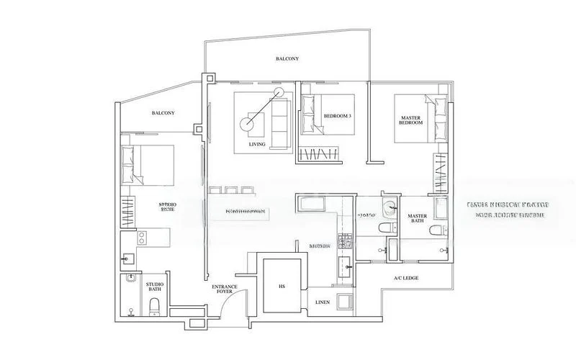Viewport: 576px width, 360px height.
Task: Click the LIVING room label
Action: [x=257, y=144]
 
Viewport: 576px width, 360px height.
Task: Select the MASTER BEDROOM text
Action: [x=410, y=120]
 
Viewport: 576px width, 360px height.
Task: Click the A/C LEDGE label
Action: [x=406, y=277]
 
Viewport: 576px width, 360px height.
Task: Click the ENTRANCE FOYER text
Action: [x=225, y=290]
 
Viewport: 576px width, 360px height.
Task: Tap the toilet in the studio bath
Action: [x=153, y=308]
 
